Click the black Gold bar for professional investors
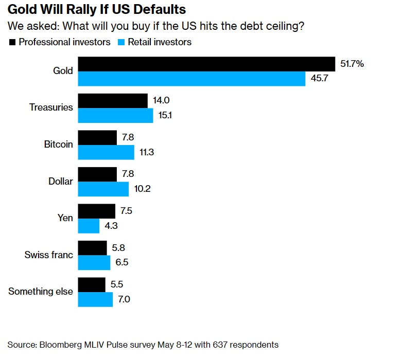(206, 64)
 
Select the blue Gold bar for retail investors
(191, 79)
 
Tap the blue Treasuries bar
(115, 115)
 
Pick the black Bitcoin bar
(97, 137)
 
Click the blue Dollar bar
(103, 189)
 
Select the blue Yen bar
(89, 226)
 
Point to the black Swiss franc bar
(92, 248)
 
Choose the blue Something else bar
(95, 299)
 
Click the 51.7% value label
(352, 64)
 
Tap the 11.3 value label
(147, 152)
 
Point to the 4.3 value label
(112, 226)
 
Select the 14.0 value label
(162, 101)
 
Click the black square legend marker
(12, 42)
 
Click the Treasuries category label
(51, 107)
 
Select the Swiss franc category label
(49, 255)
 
